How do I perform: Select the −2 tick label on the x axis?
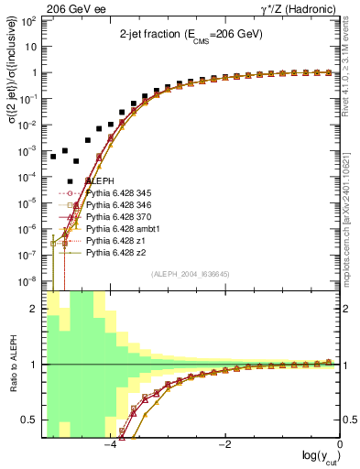click(224, 444)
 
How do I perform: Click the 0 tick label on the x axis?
click(340, 444)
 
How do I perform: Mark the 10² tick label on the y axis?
click(30, 20)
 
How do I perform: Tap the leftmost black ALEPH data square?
click(54, 157)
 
